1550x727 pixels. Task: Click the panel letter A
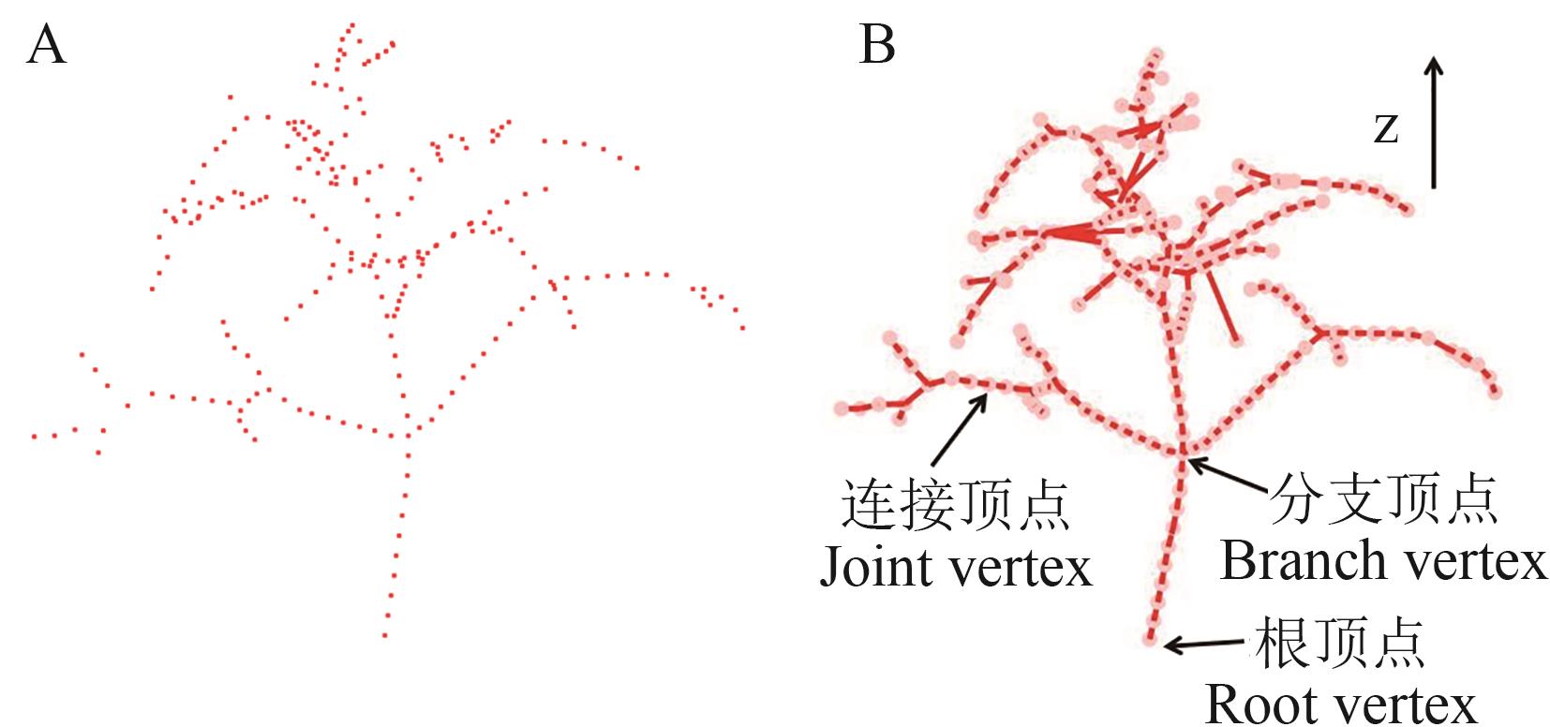[x=46, y=45]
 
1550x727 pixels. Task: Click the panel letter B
[x=876, y=45]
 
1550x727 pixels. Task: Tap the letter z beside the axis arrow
[x=1386, y=127]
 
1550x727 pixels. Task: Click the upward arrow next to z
[x=1433, y=122]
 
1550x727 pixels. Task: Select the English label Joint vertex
[x=956, y=567]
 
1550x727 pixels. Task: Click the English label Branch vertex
[x=1382, y=561]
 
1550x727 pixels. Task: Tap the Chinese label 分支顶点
[x=1383, y=499]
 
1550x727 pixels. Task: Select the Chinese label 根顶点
[x=1340, y=644]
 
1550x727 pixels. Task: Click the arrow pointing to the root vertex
[x=1207, y=644]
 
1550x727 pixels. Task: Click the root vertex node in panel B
[x=1151, y=641]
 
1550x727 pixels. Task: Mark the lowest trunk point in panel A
[x=384, y=636]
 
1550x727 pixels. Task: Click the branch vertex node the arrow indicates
[x=1183, y=454]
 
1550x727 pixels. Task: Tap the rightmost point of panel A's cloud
[x=743, y=328]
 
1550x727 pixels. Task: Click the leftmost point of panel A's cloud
[x=34, y=436]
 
